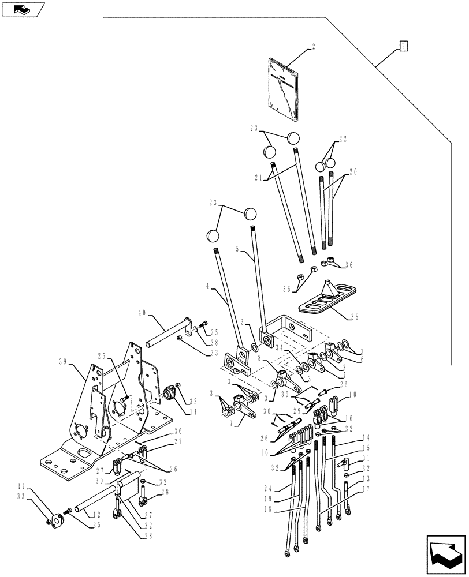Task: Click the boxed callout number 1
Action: pos(404,46)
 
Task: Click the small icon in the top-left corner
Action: pos(24,9)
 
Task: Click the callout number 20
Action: pos(353,171)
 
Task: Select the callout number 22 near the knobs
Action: pos(343,138)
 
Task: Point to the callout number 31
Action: pos(366,459)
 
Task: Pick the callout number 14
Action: pos(366,438)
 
